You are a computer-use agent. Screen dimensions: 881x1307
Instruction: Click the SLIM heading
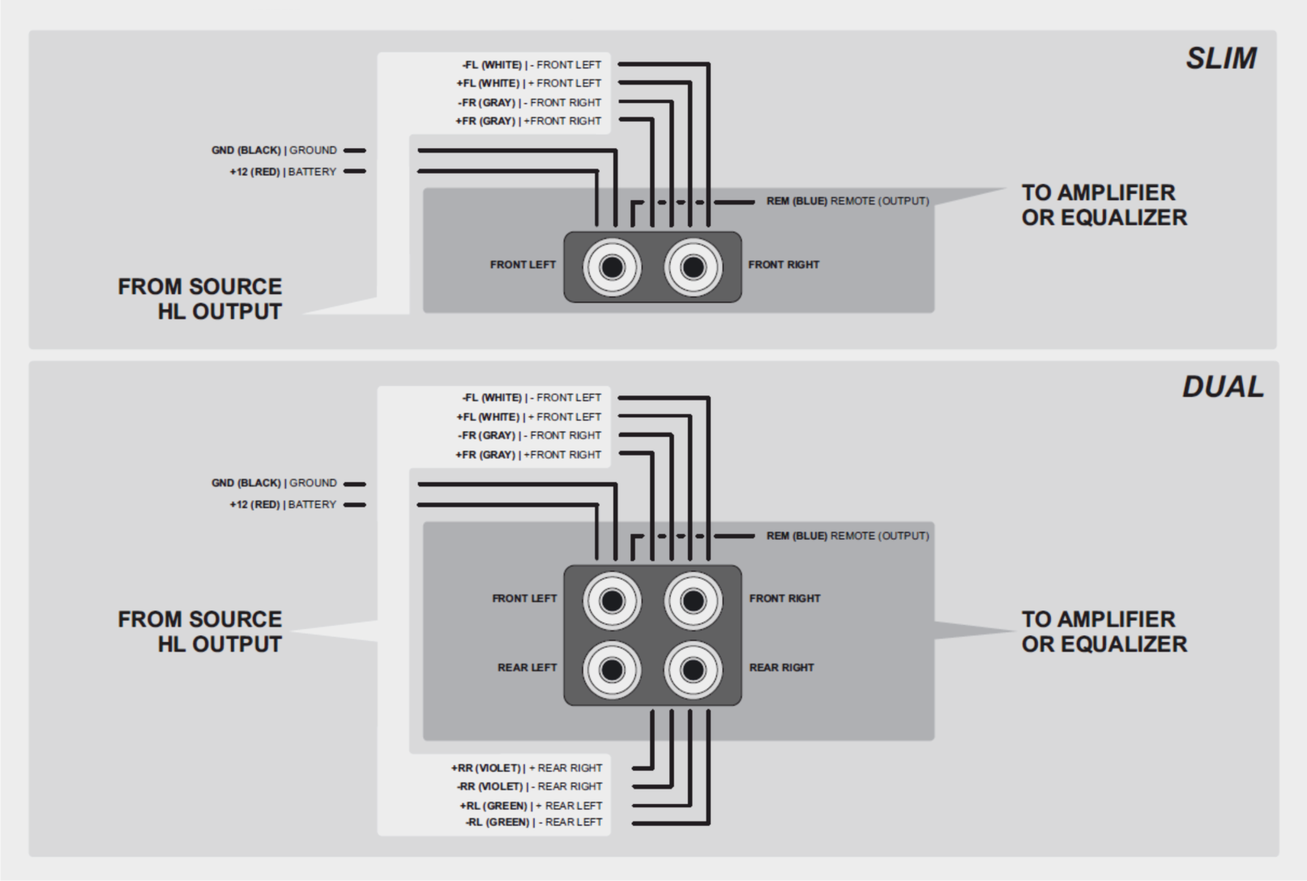tap(1221, 58)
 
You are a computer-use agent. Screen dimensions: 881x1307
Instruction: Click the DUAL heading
tap(1222, 387)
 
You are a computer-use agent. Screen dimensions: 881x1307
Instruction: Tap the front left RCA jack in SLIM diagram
tap(612, 267)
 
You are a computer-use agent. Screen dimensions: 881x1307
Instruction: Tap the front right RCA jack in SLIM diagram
tap(693, 267)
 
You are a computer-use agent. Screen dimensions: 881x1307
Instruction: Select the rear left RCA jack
tap(612, 669)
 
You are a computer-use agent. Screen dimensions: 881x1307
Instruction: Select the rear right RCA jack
tap(693, 669)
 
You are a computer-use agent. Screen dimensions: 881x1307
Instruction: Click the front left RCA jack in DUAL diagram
tap(612, 601)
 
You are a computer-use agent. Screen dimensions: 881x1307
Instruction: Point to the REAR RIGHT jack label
tap(781, 668)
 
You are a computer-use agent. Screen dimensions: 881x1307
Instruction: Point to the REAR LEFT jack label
tap(527, 668)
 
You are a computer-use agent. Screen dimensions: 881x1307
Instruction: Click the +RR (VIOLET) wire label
tap(527, 768)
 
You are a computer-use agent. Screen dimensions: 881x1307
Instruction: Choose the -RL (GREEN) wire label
tap(533, 822)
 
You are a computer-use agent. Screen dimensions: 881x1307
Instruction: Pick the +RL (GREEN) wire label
tap(531, 806)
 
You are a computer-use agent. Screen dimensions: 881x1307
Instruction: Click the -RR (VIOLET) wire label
tap(529, 786)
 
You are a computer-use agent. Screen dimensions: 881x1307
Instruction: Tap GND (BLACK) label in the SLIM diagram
tap(274, 151)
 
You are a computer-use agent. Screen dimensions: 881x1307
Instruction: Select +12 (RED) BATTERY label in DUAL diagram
tap(283, 505)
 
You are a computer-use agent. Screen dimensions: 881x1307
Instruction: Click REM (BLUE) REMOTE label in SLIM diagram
tap(848, 201)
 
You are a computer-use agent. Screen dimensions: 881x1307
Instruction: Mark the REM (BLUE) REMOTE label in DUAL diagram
tap(848, 536)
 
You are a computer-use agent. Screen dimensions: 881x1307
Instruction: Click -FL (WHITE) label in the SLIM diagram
tap(532, 65)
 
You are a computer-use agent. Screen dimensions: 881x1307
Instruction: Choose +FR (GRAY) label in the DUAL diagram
tap(528, 455)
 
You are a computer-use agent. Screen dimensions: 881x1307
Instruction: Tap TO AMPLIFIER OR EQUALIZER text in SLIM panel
tap(1104, 205)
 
